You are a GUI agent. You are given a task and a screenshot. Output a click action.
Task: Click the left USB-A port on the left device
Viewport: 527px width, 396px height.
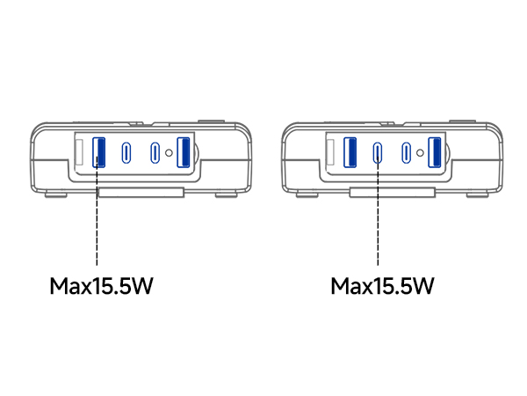pos(98,152)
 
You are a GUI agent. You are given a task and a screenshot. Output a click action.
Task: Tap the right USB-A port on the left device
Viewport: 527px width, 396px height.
pos(184,152)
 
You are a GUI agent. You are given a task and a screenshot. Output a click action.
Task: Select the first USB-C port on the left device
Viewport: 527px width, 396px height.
pos(126,153)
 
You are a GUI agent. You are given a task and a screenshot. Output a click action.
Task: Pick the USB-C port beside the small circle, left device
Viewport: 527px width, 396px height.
pos(155,153)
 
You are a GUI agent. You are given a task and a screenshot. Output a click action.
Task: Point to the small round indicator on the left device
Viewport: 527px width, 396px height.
pos(169,153)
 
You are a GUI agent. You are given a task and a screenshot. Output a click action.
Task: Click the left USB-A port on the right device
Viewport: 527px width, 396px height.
pos(350,152)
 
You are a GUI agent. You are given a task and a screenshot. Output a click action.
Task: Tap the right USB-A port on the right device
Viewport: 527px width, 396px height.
pos(435,152)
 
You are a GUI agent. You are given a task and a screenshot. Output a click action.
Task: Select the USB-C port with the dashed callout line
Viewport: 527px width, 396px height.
pos(378,153)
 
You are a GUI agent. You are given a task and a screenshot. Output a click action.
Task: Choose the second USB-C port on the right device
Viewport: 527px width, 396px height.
pos(407,153)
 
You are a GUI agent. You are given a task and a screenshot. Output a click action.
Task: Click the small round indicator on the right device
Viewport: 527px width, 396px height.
pos(420,153)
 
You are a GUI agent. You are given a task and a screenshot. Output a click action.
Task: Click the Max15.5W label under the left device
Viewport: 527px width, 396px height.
pos(102,286)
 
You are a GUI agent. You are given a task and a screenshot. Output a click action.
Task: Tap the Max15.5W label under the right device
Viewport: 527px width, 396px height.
pos(382,286)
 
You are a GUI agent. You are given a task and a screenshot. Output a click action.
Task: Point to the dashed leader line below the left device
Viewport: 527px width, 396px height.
pos(97,211)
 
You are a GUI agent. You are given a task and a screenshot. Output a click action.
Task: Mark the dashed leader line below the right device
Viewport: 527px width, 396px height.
pos(378,211)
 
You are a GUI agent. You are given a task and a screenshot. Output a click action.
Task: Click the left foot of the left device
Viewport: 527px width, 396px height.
pos(56,195)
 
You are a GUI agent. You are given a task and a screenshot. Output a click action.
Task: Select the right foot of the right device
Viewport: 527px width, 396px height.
pos(478,195)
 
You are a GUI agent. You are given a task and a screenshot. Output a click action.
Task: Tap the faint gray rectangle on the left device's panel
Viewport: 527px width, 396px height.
pos(79,152)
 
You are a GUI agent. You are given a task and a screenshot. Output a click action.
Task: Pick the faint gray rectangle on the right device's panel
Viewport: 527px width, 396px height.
pos(330,152)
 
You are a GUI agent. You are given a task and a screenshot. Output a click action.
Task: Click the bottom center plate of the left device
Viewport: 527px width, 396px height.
pos(141,193)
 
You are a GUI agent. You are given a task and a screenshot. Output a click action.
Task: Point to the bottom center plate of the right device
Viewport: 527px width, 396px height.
pos(393,193)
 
